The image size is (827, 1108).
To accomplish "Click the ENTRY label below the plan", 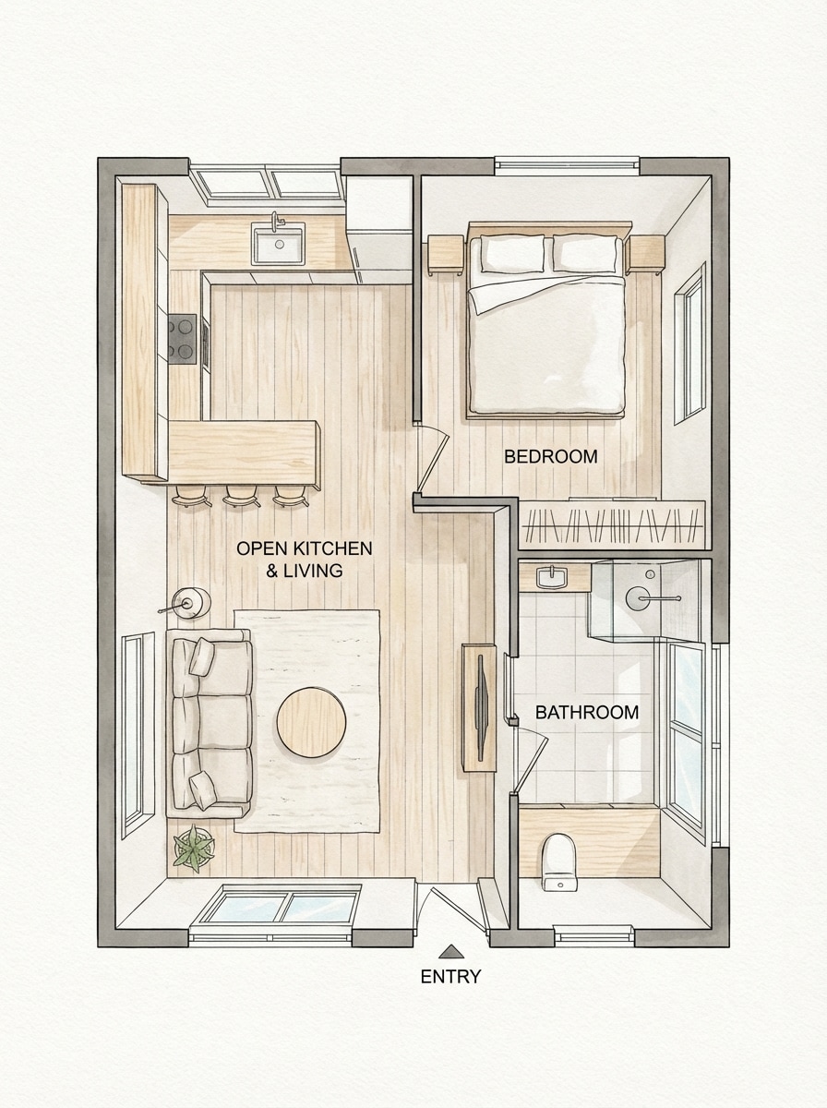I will pos(450,977).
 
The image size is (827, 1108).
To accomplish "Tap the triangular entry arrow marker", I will pos(450,951).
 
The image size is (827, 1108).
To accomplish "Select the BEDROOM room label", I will pos(550,456).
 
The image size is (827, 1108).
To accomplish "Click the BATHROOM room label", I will pos(587,713).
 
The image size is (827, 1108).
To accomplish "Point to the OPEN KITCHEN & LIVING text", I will pos(305,560).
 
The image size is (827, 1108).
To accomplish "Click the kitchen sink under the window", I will pos(278,244).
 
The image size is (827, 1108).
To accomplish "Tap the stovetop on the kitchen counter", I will pos(183,339).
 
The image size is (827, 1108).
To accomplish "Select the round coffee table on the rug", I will pos(312,722).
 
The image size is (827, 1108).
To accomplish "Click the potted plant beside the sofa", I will pos(194,849).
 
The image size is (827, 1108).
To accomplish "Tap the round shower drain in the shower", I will pos(639,598).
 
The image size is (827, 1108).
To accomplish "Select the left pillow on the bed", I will pos(512,254).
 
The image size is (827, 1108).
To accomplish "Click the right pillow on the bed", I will pos(585,254).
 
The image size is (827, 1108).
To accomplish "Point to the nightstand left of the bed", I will pos(446,254).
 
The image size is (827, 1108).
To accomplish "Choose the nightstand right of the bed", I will pos(646,253).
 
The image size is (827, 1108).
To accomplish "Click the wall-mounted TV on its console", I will pos(481,706).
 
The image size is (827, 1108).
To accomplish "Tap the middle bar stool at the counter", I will pos(242,496).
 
